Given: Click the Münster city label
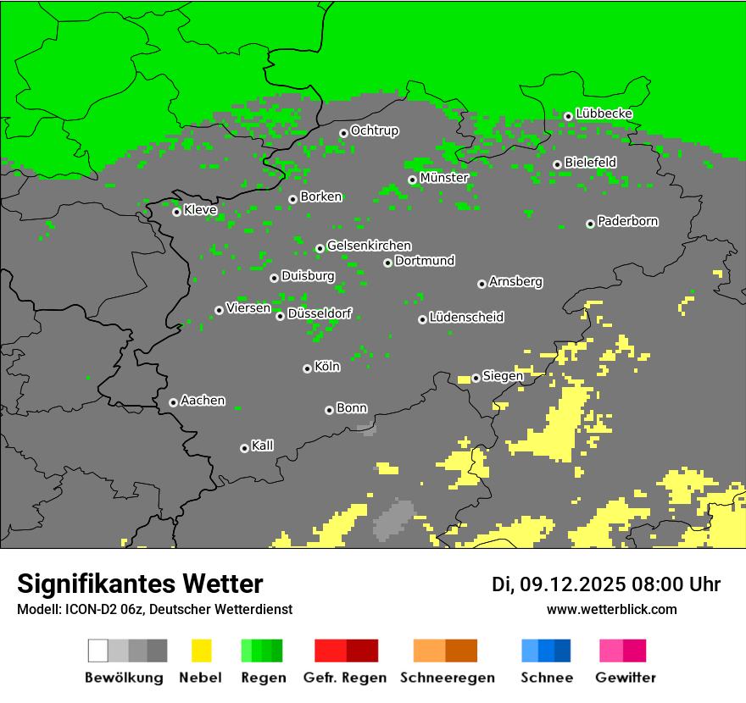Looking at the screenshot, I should (x=443, y=178).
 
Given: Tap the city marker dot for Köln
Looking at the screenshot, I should (x=307, y=368).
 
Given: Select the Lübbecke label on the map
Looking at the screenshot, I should (x=604, y=113).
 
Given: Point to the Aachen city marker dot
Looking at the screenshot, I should (x=173, y=402).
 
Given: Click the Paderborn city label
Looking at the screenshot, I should (x=627, y=221).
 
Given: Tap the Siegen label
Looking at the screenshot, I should (x=503, y=376).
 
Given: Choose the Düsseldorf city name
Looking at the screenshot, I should (x=320, y=313).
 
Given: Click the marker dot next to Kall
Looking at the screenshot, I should (x=244, y=448).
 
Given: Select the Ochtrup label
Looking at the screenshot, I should (x=374, y=130).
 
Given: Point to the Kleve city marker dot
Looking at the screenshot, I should (x=176, y=212).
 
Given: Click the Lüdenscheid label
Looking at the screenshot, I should (x=466, y=318).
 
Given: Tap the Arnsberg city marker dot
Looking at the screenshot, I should (x=482, y=284).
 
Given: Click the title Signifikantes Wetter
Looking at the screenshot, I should (x=140, y=584).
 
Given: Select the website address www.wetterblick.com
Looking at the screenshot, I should (x=611, y=609).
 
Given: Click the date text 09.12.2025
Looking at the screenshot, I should (x=572, y=584).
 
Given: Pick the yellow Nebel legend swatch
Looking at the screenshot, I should (x=201, y=650).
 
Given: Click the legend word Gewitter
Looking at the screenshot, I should (x=625, y=678).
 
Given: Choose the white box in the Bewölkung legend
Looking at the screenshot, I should (x=98, y=650).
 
